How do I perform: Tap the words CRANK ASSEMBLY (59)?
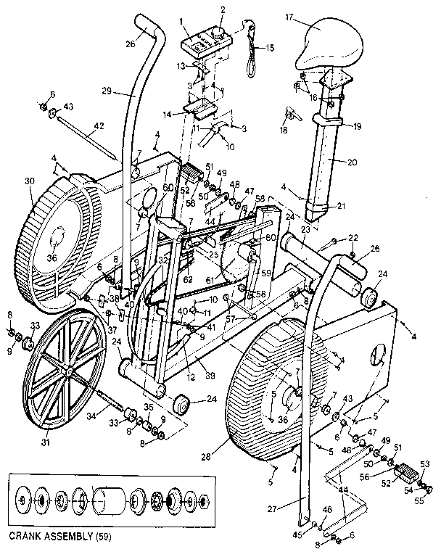[56, 537]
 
